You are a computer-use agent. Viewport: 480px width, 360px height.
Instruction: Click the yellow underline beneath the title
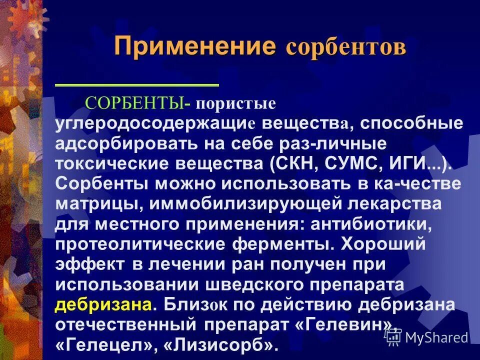point(136,85)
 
